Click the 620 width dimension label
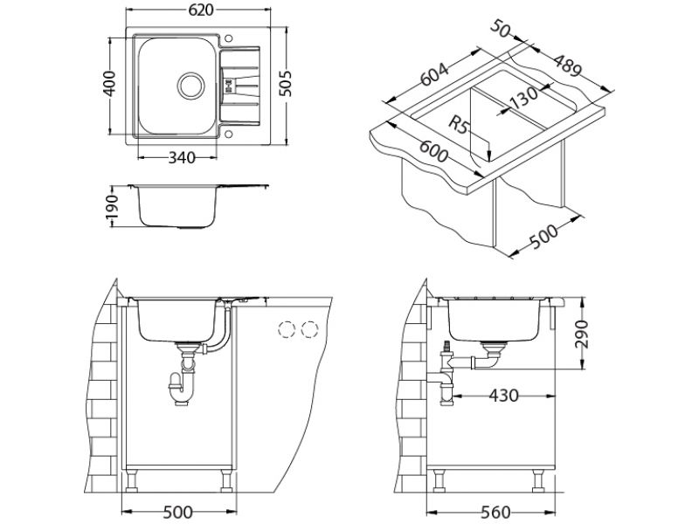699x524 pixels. click(x=201, y=10)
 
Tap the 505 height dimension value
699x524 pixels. click(x=285, y=83)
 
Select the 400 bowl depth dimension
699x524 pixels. click(x=109, y=83)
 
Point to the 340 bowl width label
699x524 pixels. click(x=182, y=157)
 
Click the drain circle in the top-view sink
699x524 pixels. click(x=191, y=85)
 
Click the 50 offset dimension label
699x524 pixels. click(x=501, y=29)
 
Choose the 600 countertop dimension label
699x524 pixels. click(x=433, y=151)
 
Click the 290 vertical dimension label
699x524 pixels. click(x=581, y=334)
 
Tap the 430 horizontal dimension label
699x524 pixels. click(x=504, y=396)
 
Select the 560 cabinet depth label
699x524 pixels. click(x=495, y=512)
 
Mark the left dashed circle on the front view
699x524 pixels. click(x=287, y=329)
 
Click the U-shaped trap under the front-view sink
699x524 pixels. click(x=183, y=388)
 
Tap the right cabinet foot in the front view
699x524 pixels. click(x=226, y=480)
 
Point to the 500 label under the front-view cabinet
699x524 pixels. click(x=178, y=512)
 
